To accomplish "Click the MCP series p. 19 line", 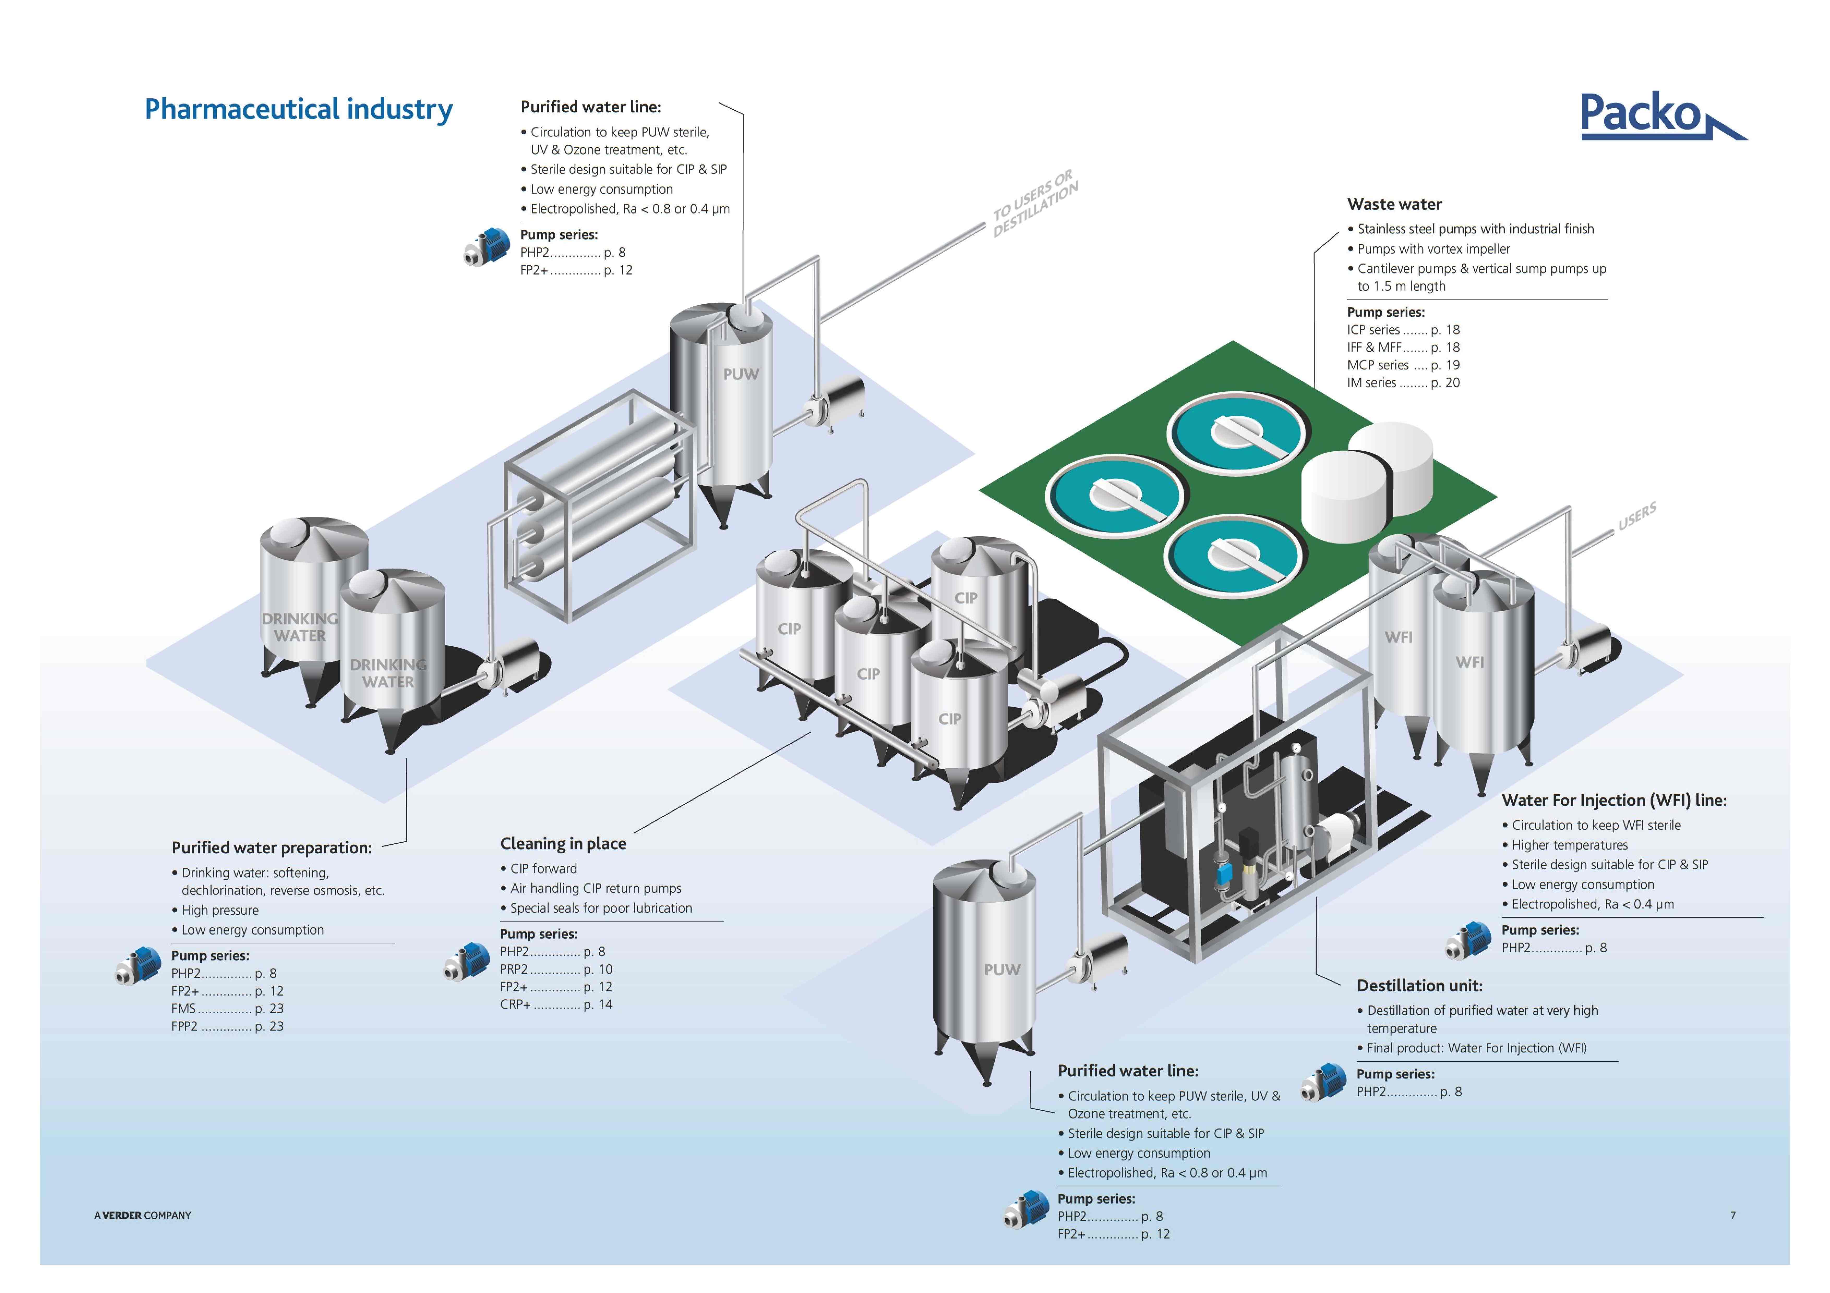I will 1403,365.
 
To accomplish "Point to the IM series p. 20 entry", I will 1403,382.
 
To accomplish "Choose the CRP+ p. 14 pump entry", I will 556,1005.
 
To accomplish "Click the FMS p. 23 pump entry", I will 227,1009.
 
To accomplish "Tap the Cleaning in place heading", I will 563,844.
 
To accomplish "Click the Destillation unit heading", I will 1420,985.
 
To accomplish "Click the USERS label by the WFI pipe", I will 1637,516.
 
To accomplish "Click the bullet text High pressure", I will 220,910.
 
